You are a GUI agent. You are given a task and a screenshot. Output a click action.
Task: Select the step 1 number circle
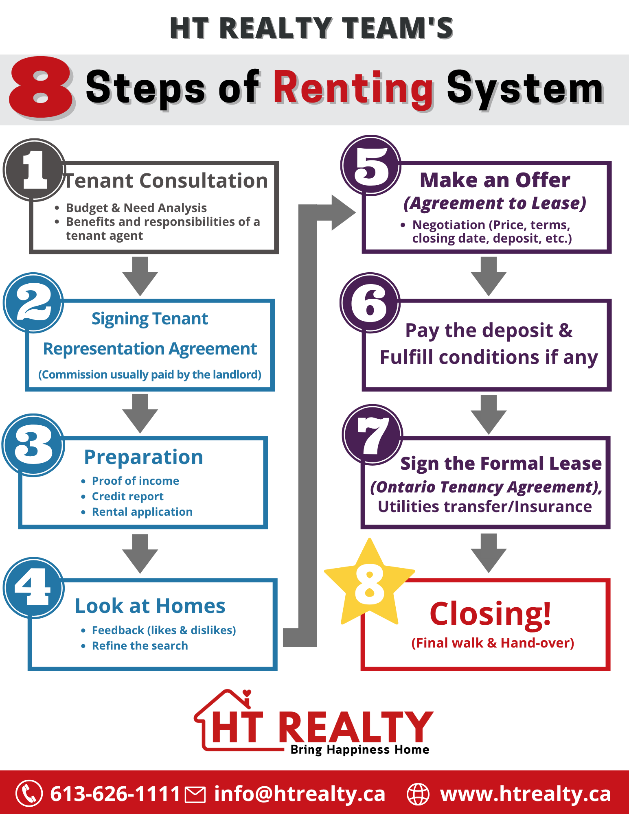click(x=35, y=170)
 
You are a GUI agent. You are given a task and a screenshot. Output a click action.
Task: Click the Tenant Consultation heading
click(x=166, y=181)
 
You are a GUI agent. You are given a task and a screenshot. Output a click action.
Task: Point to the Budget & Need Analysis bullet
click(x=136, y=208)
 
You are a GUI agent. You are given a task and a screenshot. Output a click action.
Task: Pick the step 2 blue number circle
click(x=33, y=303)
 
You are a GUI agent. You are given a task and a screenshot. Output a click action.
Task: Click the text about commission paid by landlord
click(x=150, y=374)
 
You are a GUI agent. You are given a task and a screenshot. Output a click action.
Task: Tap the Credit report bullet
click(x=127, y=497)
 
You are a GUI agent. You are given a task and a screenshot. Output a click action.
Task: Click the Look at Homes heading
click(x=150, y=606)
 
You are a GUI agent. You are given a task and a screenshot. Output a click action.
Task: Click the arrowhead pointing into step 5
click(x=343, y=212)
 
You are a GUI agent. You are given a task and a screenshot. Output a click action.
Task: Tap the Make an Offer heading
click(x=495, y=180)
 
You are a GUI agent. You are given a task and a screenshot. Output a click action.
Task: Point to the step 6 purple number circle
click(x=370, y=303)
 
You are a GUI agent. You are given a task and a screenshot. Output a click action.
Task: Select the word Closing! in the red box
click(x=491, y=614)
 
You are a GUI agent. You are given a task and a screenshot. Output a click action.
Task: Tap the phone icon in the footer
click(x=29, y=793)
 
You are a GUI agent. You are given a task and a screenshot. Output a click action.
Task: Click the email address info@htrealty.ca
click(x=300, y=794)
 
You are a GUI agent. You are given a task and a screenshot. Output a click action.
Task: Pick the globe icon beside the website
click(x=418, y=794)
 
